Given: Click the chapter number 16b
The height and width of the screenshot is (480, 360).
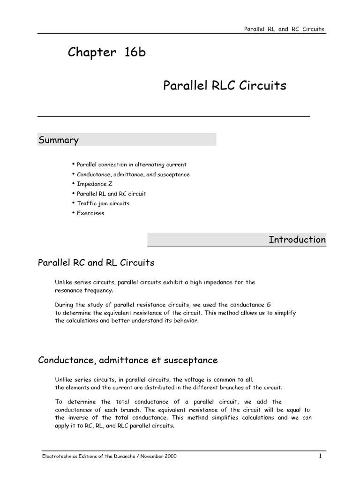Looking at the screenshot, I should pos(135,52).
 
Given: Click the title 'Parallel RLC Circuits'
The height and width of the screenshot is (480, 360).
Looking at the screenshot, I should pos(225,86).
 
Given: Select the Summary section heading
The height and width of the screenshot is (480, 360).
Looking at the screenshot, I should pos(58,140).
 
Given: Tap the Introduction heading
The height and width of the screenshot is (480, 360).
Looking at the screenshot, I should pos(297,240).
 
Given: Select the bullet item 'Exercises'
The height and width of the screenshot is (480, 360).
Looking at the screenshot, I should pos(90,213).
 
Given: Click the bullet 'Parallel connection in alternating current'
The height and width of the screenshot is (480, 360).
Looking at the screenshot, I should pos(131,165).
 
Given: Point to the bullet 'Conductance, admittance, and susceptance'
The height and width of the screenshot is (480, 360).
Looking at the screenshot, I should pos(133,174).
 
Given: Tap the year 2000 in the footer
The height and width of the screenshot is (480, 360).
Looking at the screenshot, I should pos(170,457).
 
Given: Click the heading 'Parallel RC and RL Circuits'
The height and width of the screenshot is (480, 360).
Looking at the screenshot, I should pos(96,262).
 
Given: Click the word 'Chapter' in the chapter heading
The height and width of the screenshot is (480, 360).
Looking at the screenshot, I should pos(91,52).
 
